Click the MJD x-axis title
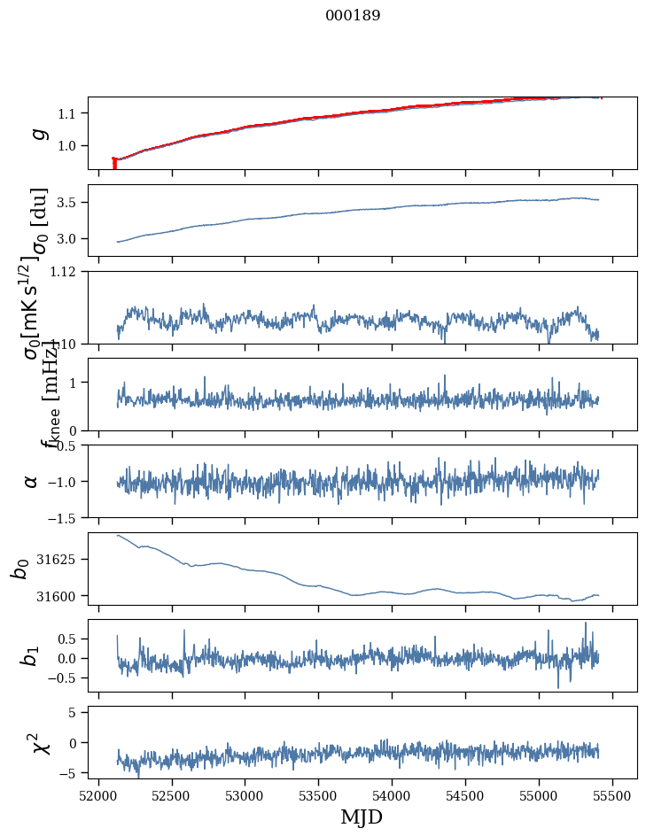362,817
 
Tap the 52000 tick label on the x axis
98,795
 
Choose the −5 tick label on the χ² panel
70,773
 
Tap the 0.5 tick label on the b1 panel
67,639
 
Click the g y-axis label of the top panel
37,133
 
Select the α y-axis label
32,481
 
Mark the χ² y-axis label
39,741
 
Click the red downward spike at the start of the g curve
114,164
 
